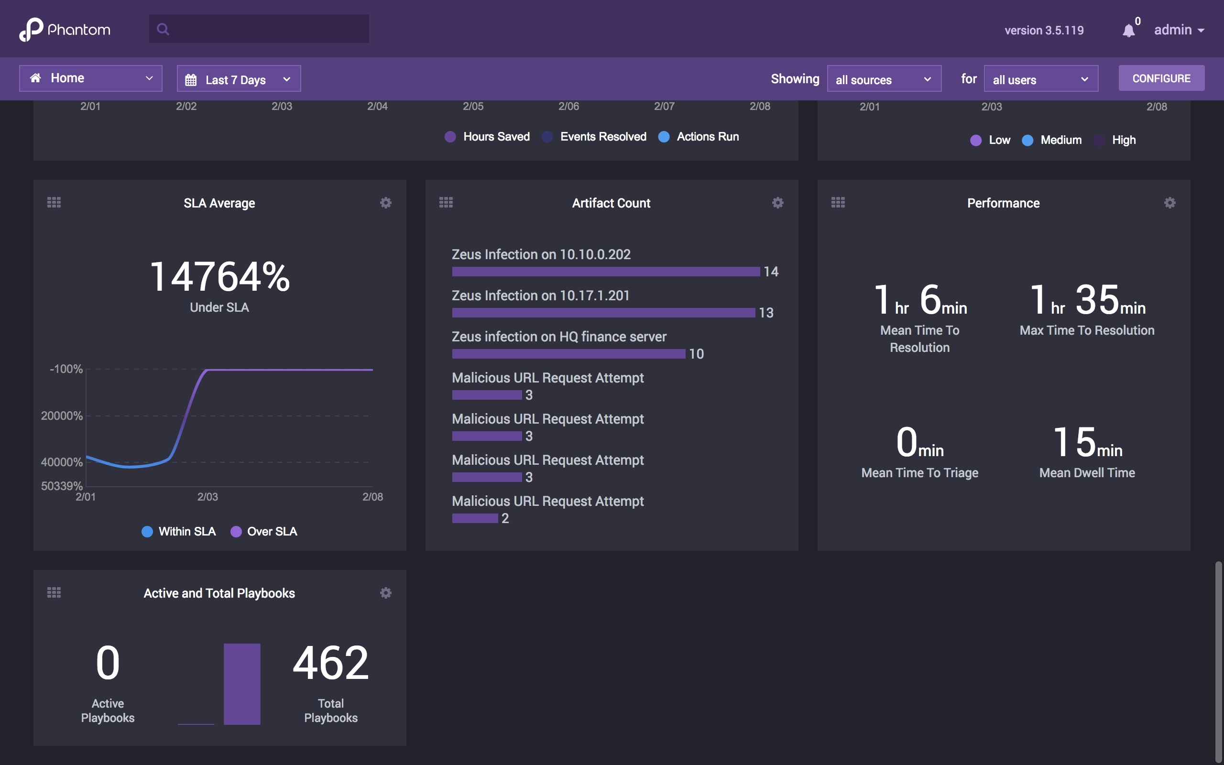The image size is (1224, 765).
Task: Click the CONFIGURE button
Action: point(1161,78)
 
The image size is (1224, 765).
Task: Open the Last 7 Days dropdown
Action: point(238,79)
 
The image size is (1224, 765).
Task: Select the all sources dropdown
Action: point(884,79)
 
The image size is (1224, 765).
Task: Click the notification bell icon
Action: point(1128,30)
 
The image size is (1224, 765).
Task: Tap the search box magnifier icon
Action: point(163,29)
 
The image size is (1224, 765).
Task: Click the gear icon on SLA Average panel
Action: point(385,203)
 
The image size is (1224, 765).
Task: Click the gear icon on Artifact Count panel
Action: point(777,203)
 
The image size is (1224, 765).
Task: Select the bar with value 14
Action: point(605,272)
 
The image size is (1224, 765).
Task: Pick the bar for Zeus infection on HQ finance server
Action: point(568,354)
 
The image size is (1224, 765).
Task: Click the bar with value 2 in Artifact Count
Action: point(474,518)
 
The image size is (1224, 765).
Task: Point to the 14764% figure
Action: point(219,277)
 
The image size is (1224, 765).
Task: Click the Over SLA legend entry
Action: point(264,531)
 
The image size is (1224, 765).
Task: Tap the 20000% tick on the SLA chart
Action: point(62,416)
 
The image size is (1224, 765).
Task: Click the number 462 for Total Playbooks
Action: point(330,663)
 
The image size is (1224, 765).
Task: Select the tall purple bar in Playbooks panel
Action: point(242,684)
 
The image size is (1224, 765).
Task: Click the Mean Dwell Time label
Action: point(1086,472)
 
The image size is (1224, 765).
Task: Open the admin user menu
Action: point(1178,30)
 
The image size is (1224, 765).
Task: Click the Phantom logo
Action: point(65,29)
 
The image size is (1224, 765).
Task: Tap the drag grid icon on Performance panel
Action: point(838,203)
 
